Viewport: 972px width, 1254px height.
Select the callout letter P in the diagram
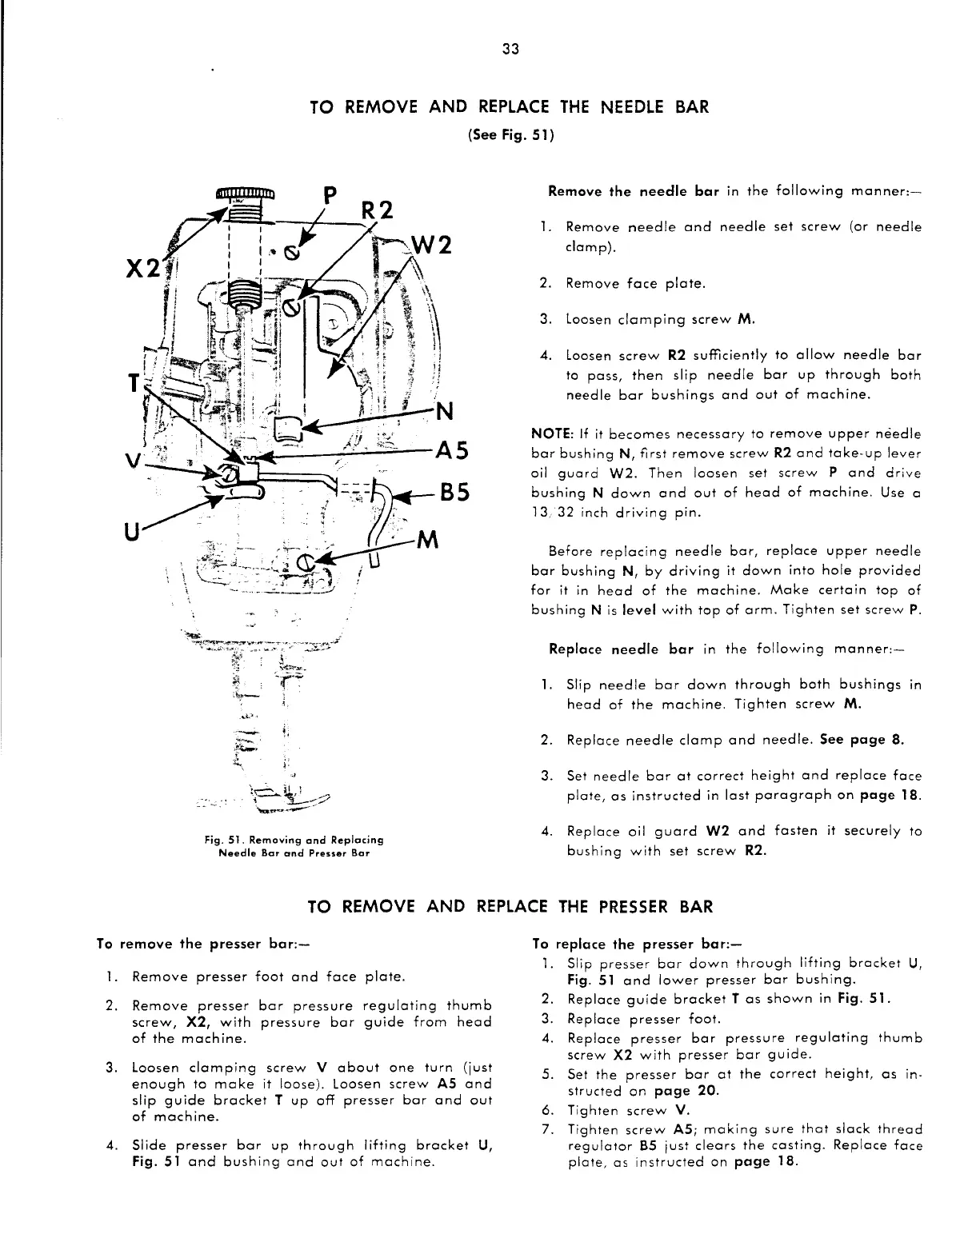(x=330, y=196)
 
